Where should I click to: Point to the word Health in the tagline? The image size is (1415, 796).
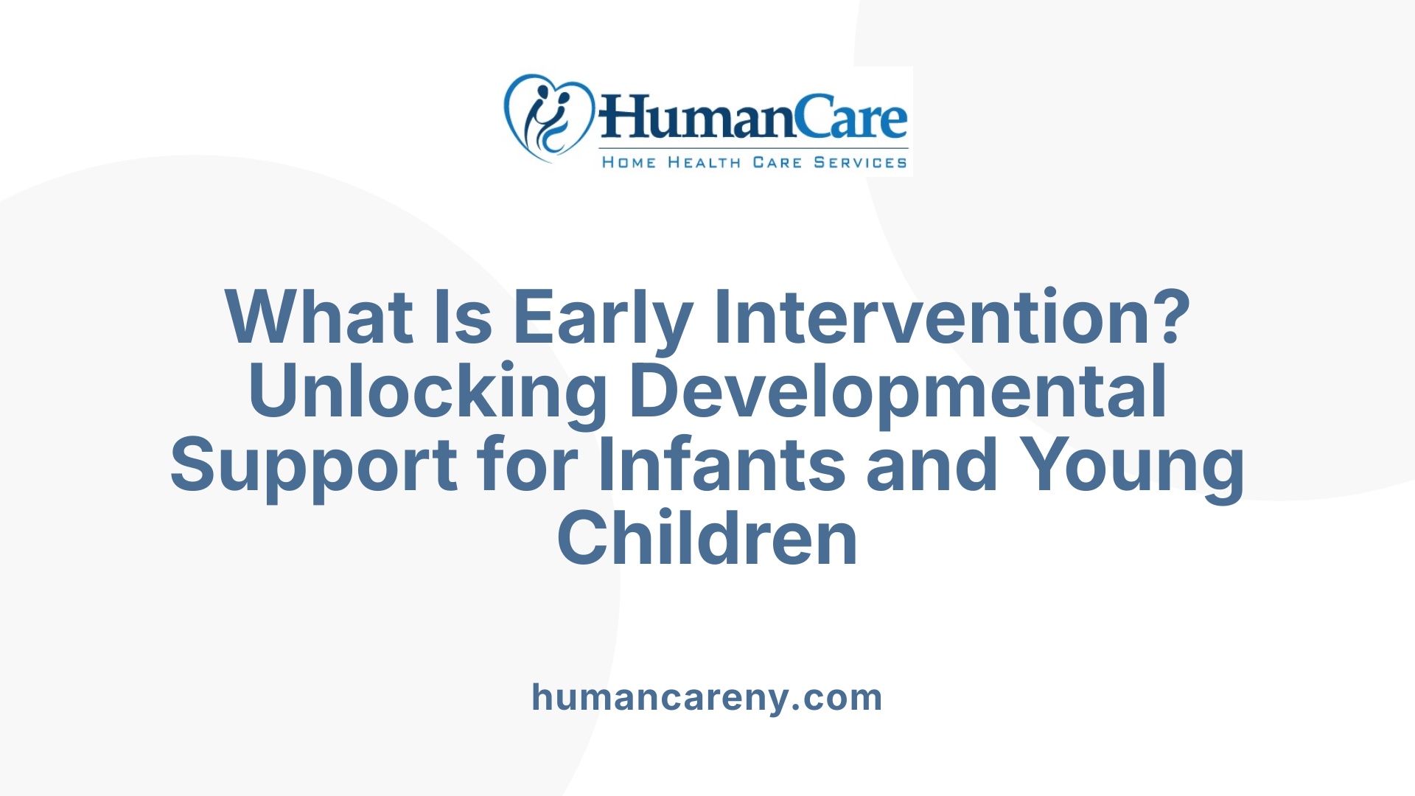pos(704,162)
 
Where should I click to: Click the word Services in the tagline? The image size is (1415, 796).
pos(860,162)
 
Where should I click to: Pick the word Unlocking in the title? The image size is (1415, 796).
pos(427,391)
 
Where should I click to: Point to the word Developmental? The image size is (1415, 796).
pos(898,391)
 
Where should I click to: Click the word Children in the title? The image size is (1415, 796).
pos(707,538)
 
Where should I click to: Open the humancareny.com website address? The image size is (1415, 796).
pos(707,697)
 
